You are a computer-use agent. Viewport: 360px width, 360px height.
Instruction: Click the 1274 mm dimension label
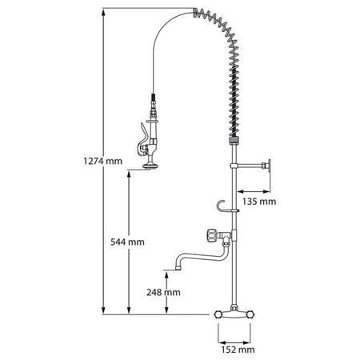[x=102, y=162]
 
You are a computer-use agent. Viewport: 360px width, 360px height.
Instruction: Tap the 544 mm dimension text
[x=127, y=242]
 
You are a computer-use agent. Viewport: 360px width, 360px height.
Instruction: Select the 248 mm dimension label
[x=163, y=293]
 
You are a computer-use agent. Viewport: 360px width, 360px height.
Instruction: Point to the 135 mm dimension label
[x=259, y=202]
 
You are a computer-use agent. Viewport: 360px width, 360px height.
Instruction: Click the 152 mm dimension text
[x=238, y=350]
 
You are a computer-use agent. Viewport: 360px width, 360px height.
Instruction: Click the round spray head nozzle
[x=150, y=166]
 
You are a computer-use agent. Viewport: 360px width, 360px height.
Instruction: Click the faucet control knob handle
[x=210, y=235]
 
